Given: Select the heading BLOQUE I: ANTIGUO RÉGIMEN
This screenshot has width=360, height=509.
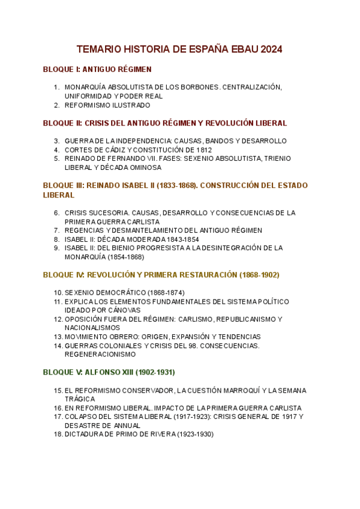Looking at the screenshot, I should point(97,69).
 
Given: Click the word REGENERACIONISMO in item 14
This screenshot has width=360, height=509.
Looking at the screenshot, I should point(101,354).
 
